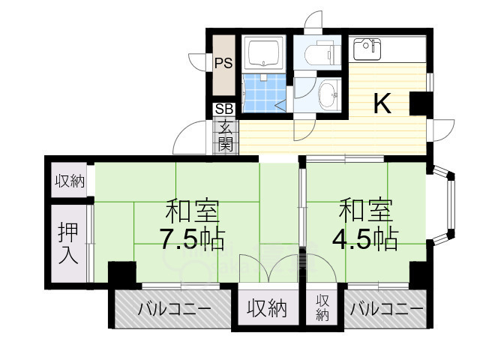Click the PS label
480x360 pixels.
(x=223, y=64)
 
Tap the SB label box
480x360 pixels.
(x=223, y=109)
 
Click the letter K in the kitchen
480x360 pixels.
(x=382, y=104)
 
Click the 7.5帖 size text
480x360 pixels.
(x=191, y=239)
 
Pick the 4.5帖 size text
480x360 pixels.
(x=366, y=239)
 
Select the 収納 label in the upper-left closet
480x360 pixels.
(x=68, y=181)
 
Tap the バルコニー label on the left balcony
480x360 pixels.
(x=173, y=309)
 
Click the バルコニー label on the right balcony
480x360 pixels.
(x=386, y=309)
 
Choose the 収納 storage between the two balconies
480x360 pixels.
(x=268, y=307)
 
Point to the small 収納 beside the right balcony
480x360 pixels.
(x=322, y=307)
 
